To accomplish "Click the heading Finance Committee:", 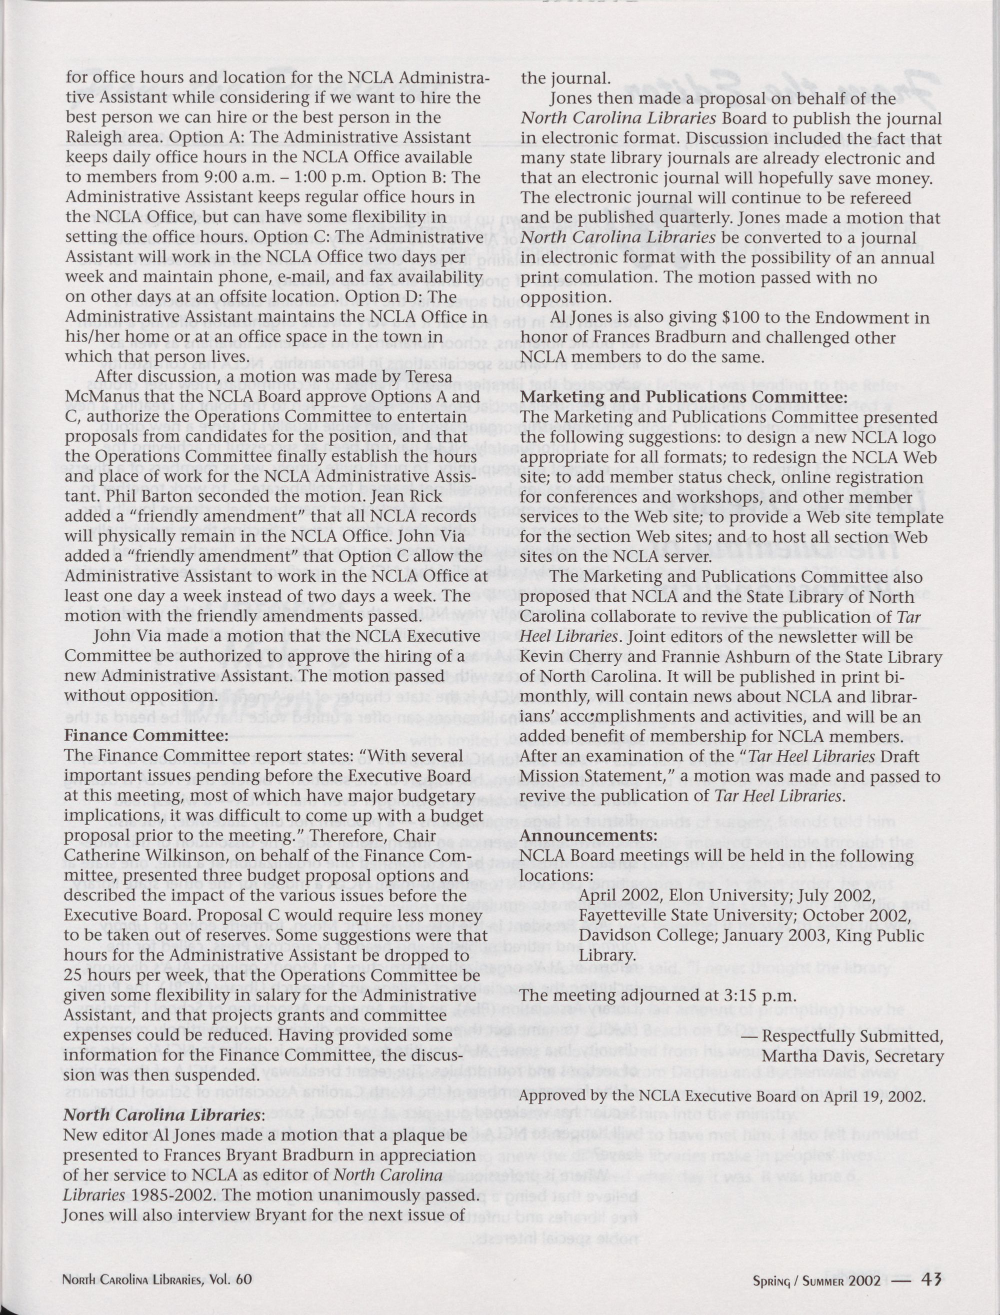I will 146,735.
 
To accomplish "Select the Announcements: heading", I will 588,835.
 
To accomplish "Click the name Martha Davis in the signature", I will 815,1056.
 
